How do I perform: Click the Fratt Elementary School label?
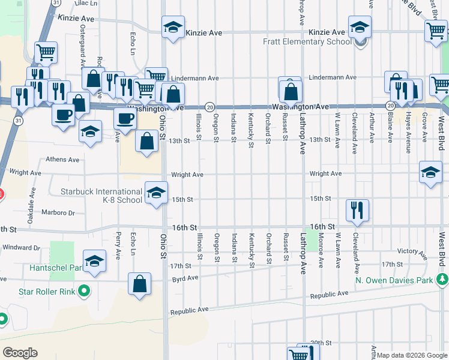[307, 42]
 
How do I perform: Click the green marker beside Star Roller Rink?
[85, 292]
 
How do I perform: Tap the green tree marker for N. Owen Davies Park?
[442, 280]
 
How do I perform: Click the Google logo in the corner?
[20, 353]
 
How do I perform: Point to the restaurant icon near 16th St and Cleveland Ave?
[357, 210]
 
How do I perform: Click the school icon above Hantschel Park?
[95, 260]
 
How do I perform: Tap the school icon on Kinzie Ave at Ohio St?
[173, 27]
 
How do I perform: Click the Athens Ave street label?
[63, 160]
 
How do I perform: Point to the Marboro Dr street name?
[58, 212]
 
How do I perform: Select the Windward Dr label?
[21, 247]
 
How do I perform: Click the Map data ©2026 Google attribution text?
[412, 355]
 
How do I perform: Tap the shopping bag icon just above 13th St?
[148, 142]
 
